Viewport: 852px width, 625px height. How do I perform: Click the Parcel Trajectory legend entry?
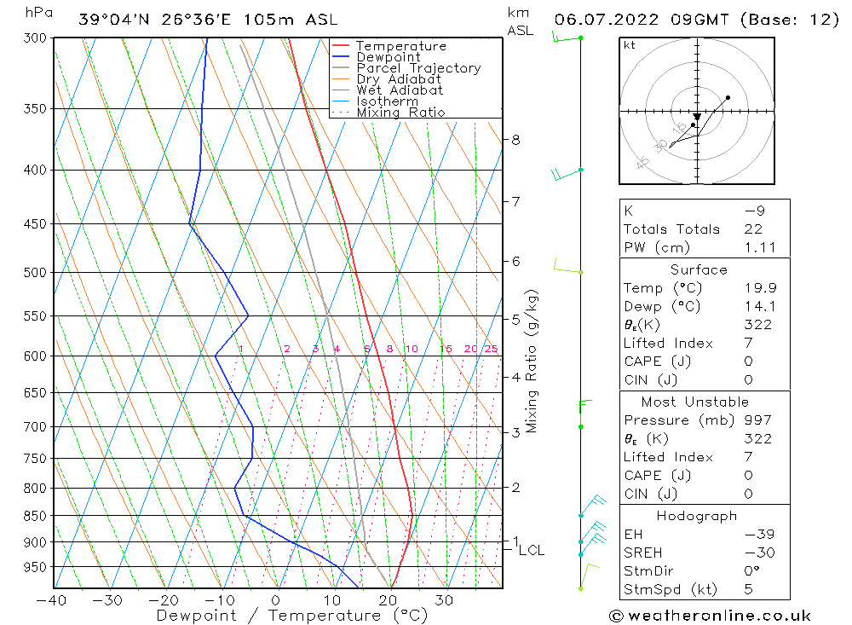point(418,68)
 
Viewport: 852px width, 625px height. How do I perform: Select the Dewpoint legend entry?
point(388,57)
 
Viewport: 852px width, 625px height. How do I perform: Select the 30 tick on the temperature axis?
point(444,599)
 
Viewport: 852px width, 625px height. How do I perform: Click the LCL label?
point(531,551)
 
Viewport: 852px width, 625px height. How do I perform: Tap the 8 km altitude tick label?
point(515,140)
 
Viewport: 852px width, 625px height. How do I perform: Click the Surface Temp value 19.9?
point(760,288)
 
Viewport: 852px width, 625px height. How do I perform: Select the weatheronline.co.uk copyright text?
point(711,616)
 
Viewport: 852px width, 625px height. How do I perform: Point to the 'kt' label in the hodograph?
point(630,45)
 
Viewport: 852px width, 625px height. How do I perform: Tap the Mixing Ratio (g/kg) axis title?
point(532,361)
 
